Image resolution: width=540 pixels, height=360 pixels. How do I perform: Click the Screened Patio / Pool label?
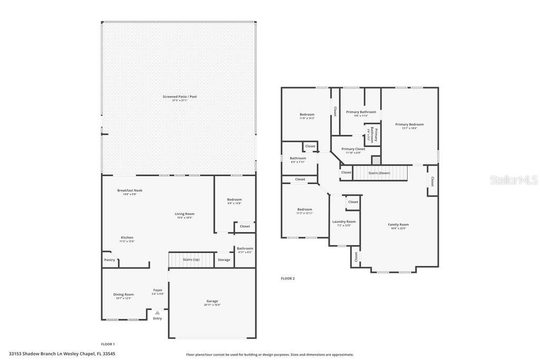click(179, 96)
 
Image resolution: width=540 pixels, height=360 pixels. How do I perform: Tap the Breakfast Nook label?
click(130, 190)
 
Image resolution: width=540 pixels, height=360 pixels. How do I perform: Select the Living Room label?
click(185, 213)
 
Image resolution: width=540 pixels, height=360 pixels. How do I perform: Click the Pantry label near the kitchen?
click(110, 260)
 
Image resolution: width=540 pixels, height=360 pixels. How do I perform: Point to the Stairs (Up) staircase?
click(191, 260)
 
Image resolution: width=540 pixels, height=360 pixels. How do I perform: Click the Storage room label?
click(224, 260)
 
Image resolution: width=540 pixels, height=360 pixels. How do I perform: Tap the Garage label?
click(212, 301)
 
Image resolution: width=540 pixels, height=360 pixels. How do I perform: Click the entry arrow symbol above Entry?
click(157, 313)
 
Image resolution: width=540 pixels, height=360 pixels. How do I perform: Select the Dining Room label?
click(123, 294)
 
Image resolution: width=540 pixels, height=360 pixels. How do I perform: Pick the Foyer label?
click(158, 290)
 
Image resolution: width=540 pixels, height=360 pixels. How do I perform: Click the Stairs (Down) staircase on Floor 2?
click(380, 173)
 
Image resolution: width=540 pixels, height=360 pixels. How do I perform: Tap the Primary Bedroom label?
click(409, 124)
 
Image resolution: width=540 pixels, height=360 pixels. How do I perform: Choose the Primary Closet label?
click(353, 149)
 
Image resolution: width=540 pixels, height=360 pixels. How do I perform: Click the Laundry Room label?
click(344, 221)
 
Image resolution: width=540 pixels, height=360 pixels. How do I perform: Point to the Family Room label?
click(399, 225)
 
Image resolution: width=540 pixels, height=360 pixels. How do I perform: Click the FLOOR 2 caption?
click(287, 278)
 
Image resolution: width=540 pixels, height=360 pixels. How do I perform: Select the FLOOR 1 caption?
click(108, 344)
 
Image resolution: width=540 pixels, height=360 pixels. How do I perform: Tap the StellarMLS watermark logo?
click(514, 180)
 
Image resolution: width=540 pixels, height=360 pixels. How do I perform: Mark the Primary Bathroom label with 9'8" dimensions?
click(361, 112)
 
